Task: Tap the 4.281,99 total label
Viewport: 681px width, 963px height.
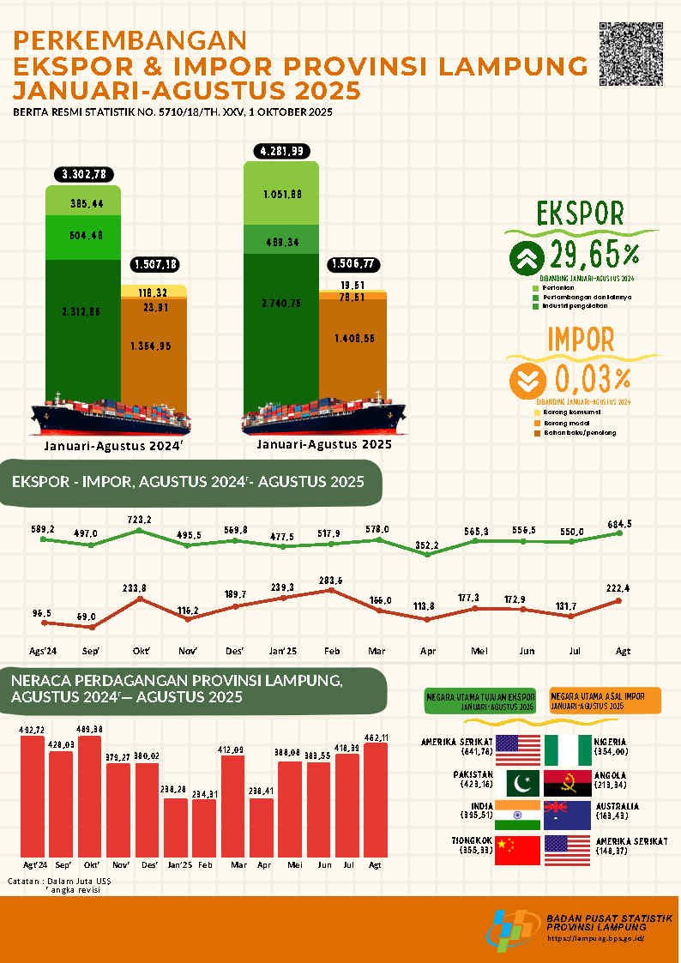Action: [x=281, y=152]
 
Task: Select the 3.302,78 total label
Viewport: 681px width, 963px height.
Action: [x=83, y=175]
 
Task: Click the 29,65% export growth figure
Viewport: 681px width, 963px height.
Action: [x=589, y=256]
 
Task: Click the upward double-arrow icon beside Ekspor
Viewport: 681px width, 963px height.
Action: [x=525, y=257]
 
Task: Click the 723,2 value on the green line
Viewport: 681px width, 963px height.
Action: [x=139, y=521]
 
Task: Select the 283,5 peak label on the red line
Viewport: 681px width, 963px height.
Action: [x=331, y=581]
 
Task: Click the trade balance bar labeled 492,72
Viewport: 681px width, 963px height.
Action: [x=33, y=796]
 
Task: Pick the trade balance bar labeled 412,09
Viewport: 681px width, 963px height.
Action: [x=234, y=806]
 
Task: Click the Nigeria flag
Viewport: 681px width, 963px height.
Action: [x=567, y=749]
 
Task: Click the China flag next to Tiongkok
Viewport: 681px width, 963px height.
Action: [x=518, y=849]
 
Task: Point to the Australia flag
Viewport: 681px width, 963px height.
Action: [x=567, y=816]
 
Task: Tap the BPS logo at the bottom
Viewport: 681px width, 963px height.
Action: [x=514, y=930]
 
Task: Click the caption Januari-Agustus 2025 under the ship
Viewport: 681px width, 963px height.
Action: [x=324, y=444]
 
